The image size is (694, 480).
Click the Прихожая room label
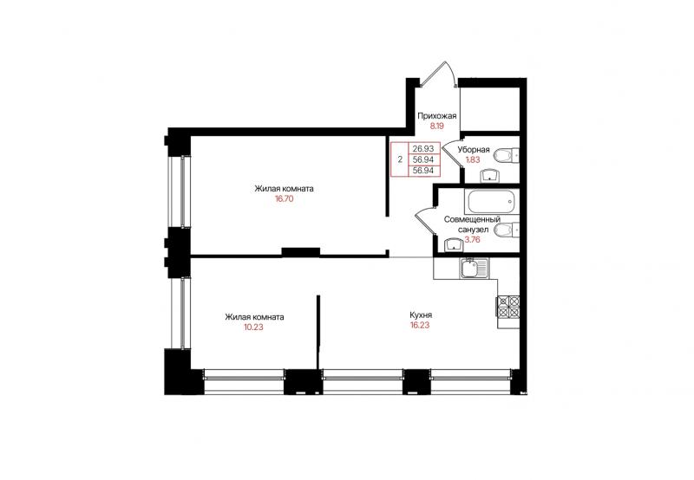437,116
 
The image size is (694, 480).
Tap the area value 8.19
437,126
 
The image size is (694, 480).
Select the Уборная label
474,150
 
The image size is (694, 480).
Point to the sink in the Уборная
489,176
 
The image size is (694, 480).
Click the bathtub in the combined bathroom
491,202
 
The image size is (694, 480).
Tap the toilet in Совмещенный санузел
506,230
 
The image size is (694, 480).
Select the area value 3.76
472,239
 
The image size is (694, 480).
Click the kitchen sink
474,269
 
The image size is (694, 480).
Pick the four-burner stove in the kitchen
508,307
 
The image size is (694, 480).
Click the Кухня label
421,315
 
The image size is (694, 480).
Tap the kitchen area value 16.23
420,325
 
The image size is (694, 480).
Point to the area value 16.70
284,199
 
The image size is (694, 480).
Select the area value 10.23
253,328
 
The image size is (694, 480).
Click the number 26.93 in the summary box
423,149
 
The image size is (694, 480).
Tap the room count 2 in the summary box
400,159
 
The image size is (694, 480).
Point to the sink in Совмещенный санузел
453,245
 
